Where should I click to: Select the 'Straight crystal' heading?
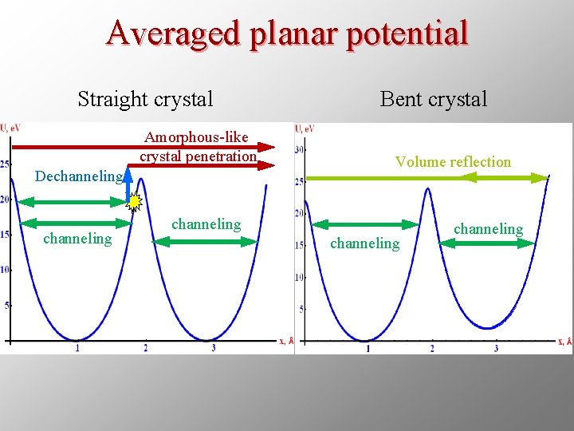pyautogui.click(x=145, y=99)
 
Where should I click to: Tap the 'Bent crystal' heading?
pyautogui.click(x=433, y=99)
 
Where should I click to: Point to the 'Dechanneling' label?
pyautogui.click(x=79, y=176)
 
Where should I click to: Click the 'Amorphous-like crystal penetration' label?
pyautogui.click(x=197, y=147)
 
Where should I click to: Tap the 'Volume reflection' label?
pyautogui.click(x=453, y=161)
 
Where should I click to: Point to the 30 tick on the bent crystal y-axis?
pyautogui.click(x=300, y=150)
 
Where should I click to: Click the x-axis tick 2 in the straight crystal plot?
pyautogui.click(x=145, y=347)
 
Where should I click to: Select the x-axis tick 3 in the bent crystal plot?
pyautogui.click(x=496, y=348)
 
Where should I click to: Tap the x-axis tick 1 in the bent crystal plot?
pyautogui.click(x=368, y=348)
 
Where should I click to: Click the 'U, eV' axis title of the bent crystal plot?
pyautogui.click(x=305, y=129)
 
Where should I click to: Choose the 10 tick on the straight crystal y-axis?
pyautogui.click(x=5, y=270)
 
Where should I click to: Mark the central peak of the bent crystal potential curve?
pyautogui.click(x=429, y=190)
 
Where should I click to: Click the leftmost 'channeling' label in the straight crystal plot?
pyautogui.click(x=77, y=238)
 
